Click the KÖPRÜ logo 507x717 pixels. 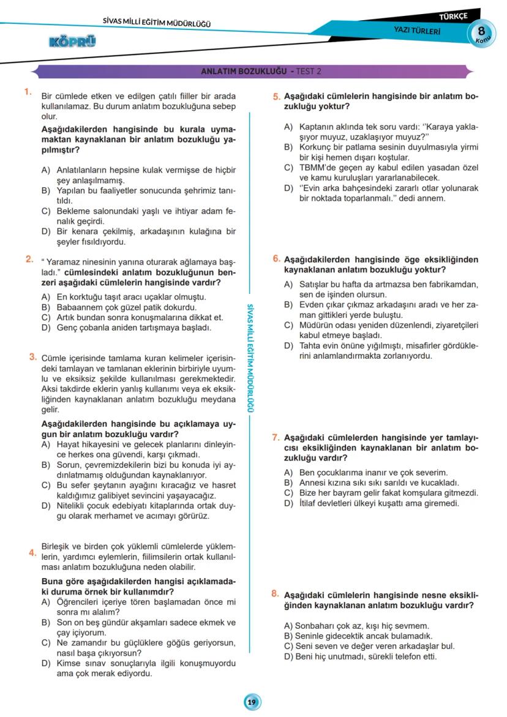pyautogui.click(x=72, y=42)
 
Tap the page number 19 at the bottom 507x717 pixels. pyautogui.click(x=252, y=702)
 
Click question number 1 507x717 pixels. pyautogui.click(x=28, y=92)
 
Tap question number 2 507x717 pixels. pyautogui.click(x=29, y=259)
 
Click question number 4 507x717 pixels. pyautogui.click(x=32, y=553)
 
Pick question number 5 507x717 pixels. pyautogui.click(x=277, y=96)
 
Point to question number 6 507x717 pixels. pyautogui.click(x=277, y=259)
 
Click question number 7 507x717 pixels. pyautogui.click(x=276, y=437)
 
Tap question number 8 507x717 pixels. pyautogui.click(x=276, y=593)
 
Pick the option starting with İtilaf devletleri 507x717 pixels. pyautogui.click(x=371, y=504)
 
